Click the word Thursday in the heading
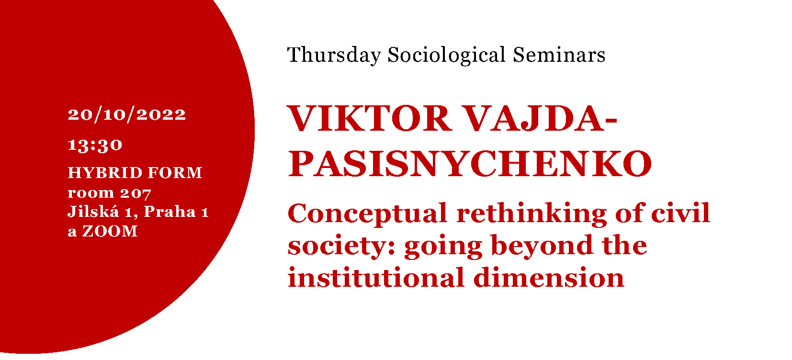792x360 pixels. coord(334,56)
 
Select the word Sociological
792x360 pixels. coord(447,56)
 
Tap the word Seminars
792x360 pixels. coord(559,55)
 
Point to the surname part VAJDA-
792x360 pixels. coord(540,118)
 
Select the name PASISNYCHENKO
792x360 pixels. coord(470,163)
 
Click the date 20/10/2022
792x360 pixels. coord(126,114)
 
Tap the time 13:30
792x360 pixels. coord(95,145)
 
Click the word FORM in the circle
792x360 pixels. coord(175,172)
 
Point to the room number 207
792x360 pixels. coord(136,193)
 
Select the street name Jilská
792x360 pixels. coord(93,212)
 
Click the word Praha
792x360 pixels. coord(170,212)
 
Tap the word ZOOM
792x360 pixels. coord(110,231)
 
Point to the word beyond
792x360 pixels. coord(542,246)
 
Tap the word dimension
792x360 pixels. coord(549,278)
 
